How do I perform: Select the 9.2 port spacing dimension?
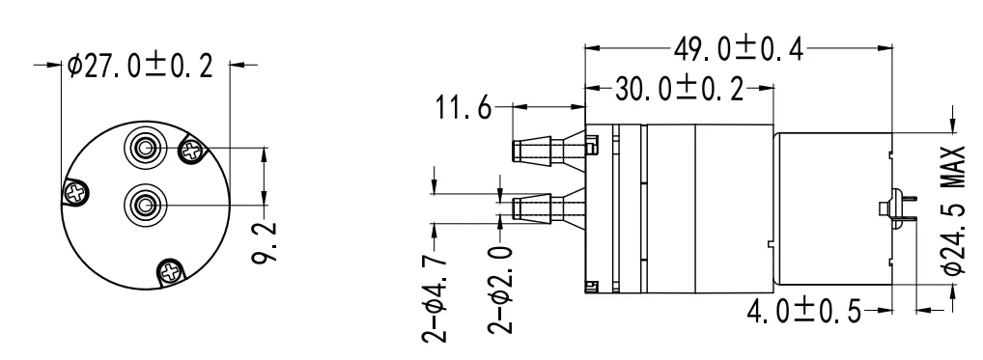point(271,244)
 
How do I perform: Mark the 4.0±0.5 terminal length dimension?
point(809,311)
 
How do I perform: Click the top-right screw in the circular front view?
point(191,150)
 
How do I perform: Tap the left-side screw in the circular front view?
point(75,194)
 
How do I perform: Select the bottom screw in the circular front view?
point(171,273)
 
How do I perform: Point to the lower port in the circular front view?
point(146,204)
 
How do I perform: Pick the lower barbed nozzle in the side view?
point(546,207)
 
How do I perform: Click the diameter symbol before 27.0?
point(75,66)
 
